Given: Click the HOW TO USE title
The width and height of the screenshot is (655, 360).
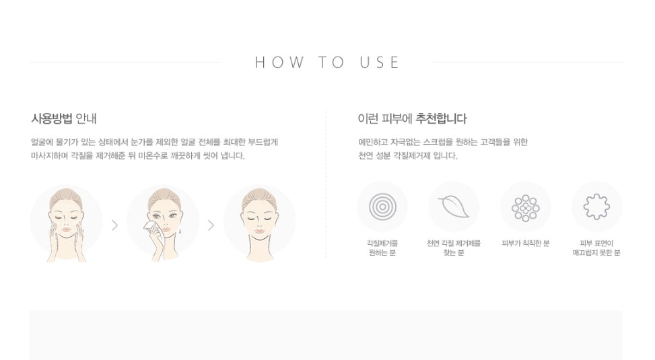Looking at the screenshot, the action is (327, 63).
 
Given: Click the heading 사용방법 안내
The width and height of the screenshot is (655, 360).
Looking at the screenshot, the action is (64, 118).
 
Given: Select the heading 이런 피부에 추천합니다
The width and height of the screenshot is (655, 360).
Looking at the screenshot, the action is (412, 118).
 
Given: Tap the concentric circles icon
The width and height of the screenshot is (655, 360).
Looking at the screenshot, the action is (382, 207).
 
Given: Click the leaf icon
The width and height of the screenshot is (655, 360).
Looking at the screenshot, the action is (454, 207).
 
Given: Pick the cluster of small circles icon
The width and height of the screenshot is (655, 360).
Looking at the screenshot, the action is (526, 207).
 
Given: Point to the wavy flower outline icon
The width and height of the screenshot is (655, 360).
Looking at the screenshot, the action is (596, 207).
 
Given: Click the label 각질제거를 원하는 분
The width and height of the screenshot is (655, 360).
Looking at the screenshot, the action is (382, 248).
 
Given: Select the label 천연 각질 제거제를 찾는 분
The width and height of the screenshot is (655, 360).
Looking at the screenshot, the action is (454, 248).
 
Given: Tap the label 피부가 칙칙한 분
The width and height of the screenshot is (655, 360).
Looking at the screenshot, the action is (526, 243).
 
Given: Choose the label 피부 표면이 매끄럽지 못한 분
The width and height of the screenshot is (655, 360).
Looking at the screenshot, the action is (596, 248).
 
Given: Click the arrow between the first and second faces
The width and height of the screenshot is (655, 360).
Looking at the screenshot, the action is (115, 225).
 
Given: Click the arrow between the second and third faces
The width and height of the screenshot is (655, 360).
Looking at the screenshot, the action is (211, 225).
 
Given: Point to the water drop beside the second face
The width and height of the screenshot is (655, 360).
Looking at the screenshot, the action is (180, 230).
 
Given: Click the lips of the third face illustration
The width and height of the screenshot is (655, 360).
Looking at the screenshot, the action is (259, 231).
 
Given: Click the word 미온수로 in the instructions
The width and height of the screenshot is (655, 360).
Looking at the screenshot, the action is (153, 156).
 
